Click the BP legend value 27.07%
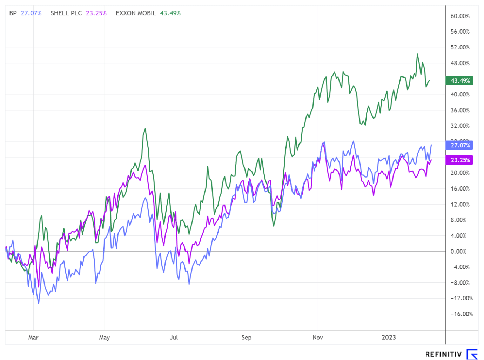[x=31, y=13]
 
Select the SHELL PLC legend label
[x=66, y=13]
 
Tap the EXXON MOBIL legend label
[x=136, y=13]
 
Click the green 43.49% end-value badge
[x=459, y=81]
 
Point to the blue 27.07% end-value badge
[x=459, y=145]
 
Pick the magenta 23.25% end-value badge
[x=459, y=160]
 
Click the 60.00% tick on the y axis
[x=460, y=16]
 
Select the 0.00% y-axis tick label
[x=458, y=252]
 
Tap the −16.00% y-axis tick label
[x=462, y=314]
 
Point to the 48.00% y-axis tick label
[x=460, y=63]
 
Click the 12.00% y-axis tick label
[x=460, y=204]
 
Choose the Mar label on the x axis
[x=33, y=338]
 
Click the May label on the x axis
[x=105, y=338]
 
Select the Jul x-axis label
[x=174, y=338]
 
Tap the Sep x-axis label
[x=247, y=338]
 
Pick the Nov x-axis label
[x=318, y=338]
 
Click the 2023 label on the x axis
[x=389, y=338]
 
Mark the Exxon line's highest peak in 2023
[x=417, y=54]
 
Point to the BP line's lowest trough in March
[x=39, y=303]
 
